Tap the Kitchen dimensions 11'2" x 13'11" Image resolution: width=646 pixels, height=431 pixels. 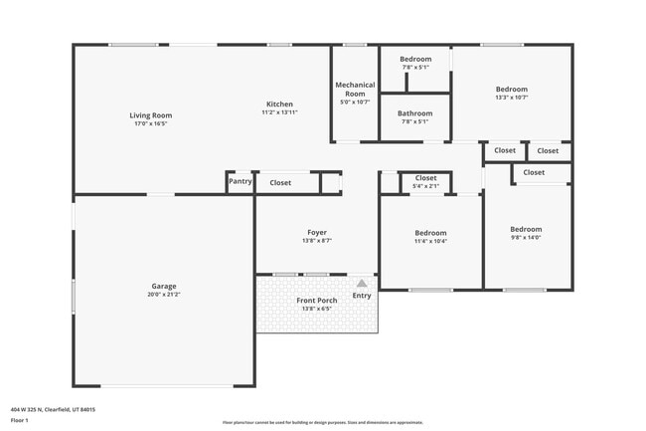point(279,112)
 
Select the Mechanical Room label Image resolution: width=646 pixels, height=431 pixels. point(355,89)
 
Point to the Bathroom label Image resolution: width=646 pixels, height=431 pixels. point(415,113)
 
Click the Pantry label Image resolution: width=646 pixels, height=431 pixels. point(240,181)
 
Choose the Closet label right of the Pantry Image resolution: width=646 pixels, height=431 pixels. point(280,183)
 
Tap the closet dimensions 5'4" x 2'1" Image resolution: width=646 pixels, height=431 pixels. point(425,186)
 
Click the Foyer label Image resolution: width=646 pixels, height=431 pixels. point(316,232)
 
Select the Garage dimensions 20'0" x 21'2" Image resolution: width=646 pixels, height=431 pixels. point(164,295)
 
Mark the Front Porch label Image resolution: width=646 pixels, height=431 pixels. point(316,300)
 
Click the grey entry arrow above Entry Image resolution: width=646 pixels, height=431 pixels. point(362,283)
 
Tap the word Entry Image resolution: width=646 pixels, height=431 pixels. point(362,295)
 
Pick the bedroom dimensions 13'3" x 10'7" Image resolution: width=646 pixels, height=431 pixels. point(512,98)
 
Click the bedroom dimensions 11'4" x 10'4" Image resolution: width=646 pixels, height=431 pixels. point(430,241)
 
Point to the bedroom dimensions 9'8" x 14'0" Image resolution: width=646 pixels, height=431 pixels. point(526,237)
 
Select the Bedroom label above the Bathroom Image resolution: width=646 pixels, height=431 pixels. point(415,59)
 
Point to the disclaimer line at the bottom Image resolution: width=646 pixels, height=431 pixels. point(322,422)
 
